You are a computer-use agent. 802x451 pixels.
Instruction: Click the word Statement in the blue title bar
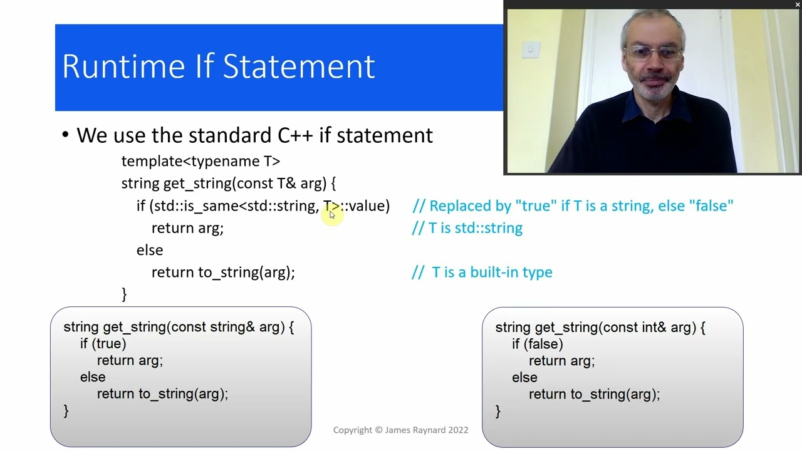click(299, 66)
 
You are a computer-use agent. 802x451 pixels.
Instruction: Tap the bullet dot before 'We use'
click(66, 135)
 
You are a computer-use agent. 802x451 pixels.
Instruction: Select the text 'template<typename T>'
click(200, 161)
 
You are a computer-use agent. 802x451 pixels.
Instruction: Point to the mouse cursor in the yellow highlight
click(332, 215)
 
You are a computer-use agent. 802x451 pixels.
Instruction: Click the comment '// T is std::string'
click(467, 228)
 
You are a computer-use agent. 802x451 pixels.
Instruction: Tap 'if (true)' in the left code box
click(103, 344)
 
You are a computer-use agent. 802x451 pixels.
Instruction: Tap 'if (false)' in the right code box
click(537, 344)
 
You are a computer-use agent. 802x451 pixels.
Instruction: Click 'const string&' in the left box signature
click(213, 327)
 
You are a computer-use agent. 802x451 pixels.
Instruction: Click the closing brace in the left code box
click(66, 411)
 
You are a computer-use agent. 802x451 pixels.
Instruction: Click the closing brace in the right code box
click(497, 411)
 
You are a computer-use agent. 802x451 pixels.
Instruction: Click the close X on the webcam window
click(797, 4)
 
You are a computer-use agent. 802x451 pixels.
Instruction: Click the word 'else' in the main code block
click(150, 250)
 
